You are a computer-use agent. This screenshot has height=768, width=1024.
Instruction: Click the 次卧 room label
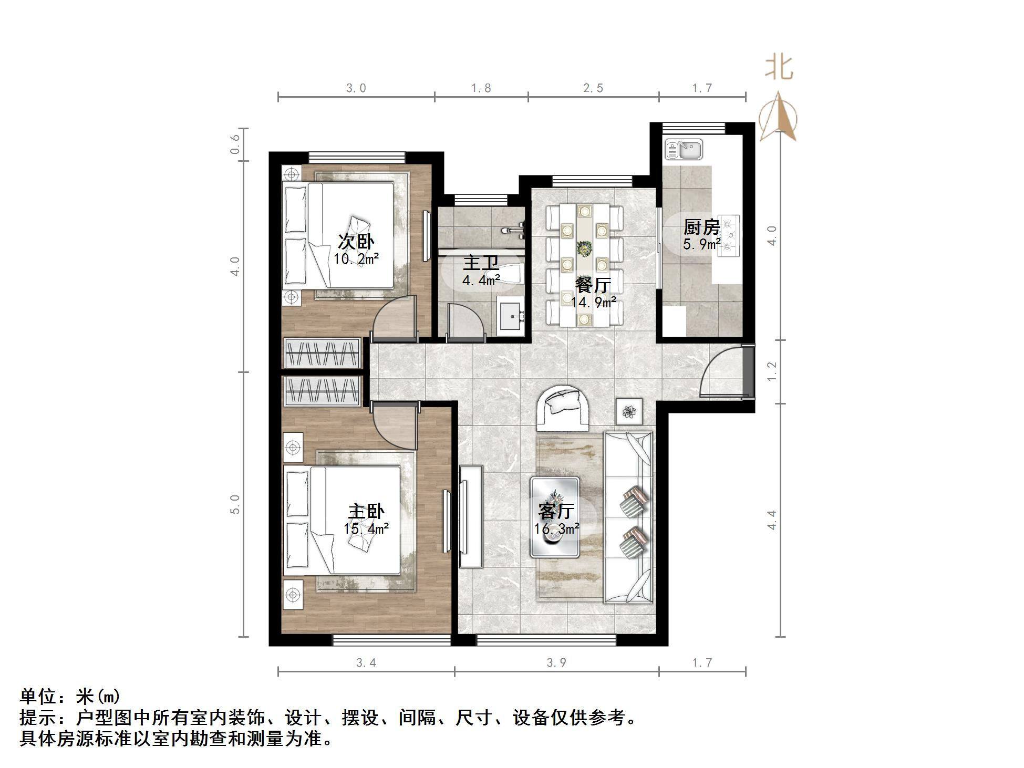356,242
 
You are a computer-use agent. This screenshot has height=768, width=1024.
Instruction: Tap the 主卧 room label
366,511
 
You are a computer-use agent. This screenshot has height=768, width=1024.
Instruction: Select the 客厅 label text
556,511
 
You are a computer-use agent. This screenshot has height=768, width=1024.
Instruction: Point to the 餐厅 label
593,285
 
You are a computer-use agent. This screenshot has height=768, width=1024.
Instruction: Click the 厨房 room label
701,227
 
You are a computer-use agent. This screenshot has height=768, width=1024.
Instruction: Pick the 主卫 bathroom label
480,263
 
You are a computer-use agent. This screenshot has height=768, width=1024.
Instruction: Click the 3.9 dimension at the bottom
556,663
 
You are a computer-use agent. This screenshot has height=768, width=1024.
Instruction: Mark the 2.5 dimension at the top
593,88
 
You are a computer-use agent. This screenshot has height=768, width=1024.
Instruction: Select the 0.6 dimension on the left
235,144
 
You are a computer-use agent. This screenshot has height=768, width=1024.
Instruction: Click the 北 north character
779,68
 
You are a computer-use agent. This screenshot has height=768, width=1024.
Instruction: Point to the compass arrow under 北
779,117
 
